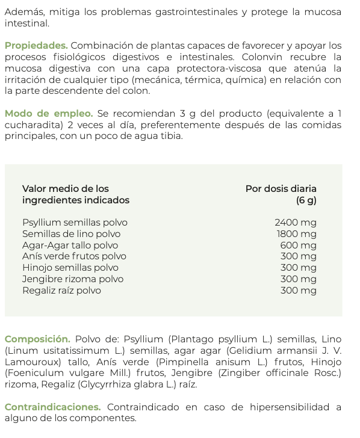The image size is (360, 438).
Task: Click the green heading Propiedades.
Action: (x=36, y=46)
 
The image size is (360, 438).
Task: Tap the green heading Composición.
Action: (x=37, y=339)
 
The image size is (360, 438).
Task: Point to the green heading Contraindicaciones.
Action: (x=52, y=407)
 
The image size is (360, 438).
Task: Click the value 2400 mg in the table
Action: (x=295, y=223)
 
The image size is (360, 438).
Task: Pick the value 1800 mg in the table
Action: (x=296, y=234)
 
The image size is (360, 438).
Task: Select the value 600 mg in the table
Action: (x=298, y=245)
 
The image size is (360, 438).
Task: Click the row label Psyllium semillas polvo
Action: (x=75, y=223)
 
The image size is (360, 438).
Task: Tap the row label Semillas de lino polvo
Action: (x=71, y=234)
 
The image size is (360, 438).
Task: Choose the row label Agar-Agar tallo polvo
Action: (x=70, y=245)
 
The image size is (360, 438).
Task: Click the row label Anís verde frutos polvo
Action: (x=74, y=256)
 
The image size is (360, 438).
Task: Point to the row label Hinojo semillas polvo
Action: (x=70, y=268)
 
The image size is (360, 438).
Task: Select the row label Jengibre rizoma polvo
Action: (x=73, y=279)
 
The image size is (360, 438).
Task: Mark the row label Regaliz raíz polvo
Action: (x=61, y=291)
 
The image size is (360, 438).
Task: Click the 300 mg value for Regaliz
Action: (x=298, y=291)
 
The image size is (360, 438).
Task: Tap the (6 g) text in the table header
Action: (x=306, y=200)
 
